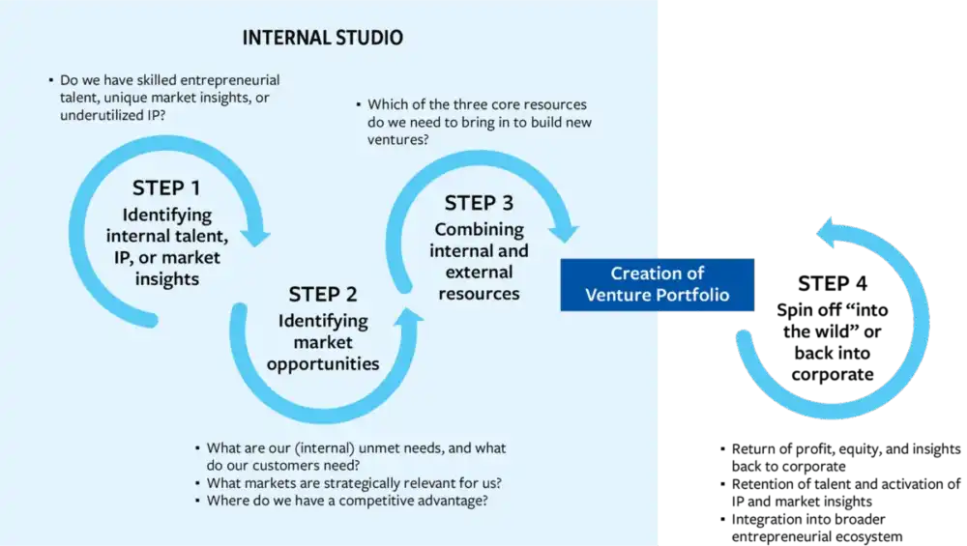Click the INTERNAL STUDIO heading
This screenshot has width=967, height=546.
tap(324, 39)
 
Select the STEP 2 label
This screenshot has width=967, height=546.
tap(329, 294)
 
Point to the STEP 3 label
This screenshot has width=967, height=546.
tap(479, 203)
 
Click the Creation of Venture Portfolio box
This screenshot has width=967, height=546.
tap(657, 284)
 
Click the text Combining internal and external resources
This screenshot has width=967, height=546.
tap(479, 261)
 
